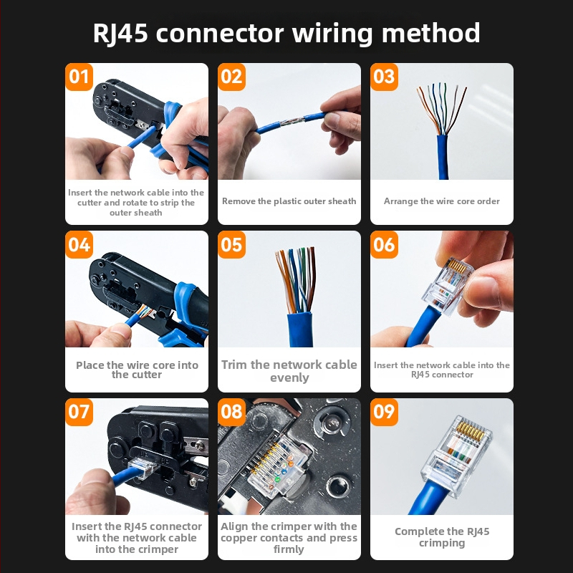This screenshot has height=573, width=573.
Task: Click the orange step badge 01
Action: (80, 77)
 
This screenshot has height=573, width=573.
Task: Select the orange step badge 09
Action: (385, 412)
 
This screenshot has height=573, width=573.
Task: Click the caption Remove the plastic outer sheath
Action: (289, 201)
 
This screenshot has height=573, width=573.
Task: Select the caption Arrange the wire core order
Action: (441, 201)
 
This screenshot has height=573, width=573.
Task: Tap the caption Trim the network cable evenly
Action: (289, 371)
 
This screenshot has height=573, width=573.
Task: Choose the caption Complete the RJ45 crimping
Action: (441, 537)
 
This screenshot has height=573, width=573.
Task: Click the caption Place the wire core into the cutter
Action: (137, 370)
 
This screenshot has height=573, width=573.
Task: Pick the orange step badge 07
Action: (80, 412)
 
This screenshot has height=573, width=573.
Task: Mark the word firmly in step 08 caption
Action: (289, 549)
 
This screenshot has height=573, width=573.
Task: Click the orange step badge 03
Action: (385, 77)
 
